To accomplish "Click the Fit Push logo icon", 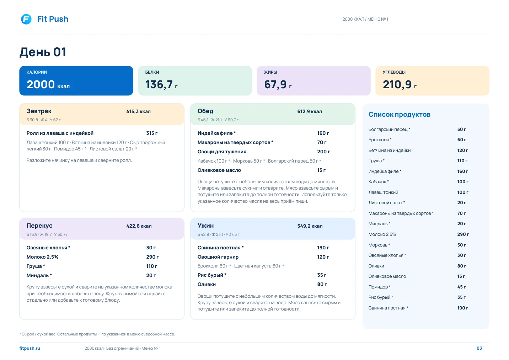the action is [26, 19].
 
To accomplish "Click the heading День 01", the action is [43, 52].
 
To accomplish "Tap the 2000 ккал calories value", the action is [48, 84].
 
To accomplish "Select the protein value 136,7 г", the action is [161, 84].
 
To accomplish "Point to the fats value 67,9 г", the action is [278, 84].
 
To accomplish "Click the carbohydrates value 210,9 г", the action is [400, 84].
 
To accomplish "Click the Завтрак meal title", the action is [39, 111].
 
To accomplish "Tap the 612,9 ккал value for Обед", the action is [310, 111].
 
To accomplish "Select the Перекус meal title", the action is [39, 226].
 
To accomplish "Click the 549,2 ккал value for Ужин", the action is [310, 226].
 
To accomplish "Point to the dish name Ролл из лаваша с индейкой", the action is [60, 133].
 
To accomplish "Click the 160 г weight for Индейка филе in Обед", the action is [323, 133].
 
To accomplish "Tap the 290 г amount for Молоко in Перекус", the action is [152, 257].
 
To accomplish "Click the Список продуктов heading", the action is [399, 115].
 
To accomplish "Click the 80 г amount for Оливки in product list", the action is [461, 266].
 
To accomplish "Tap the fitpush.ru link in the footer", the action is [30, 348].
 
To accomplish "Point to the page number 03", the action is [479, 348].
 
